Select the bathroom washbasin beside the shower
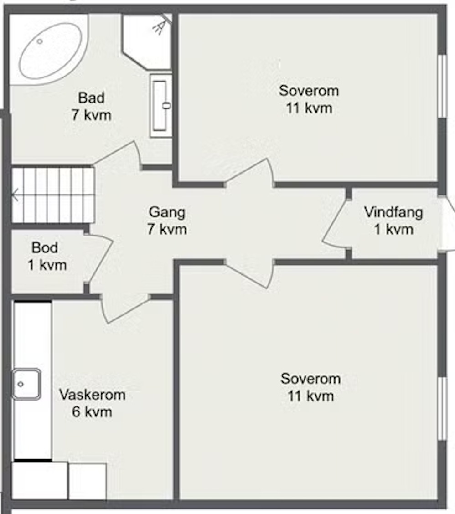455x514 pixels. [161, 106]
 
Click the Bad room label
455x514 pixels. [91, 98]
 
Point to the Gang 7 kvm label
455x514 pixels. [167, 220]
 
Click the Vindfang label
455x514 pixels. [393, 212]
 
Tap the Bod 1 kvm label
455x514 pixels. [46, 256]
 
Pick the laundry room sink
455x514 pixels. [26, 384]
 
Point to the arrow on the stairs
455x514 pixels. [15, 196]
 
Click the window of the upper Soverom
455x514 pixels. [442, 86]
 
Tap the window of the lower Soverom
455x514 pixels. [442, 408]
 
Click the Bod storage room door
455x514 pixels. [100, 259]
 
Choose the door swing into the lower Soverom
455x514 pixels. [250, 274]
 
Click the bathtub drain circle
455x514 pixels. [40, 41]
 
